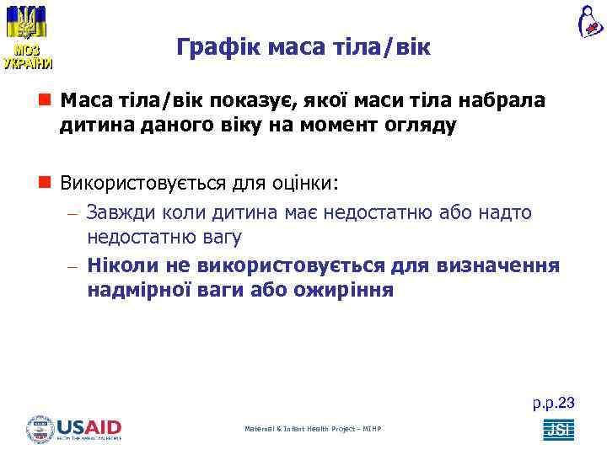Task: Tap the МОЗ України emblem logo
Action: (26, 37)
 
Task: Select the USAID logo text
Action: (89, 427)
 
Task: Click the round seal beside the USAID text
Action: (40, 429)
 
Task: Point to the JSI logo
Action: (558, 429)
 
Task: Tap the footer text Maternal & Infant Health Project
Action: (313, 429)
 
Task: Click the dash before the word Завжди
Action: (73, 214)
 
